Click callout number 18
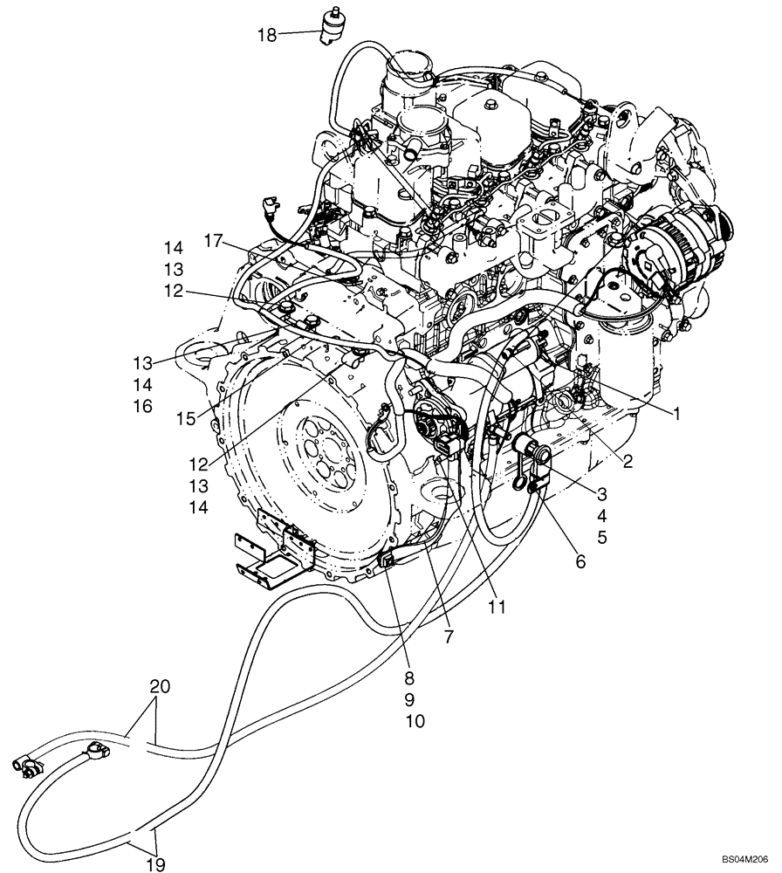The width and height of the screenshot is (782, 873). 265,35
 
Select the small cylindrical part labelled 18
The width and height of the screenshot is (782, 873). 333,25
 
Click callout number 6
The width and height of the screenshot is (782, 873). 581,563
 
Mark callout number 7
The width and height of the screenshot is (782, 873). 448,637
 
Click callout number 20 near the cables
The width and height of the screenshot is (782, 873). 160,686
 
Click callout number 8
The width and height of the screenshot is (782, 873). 408,677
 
